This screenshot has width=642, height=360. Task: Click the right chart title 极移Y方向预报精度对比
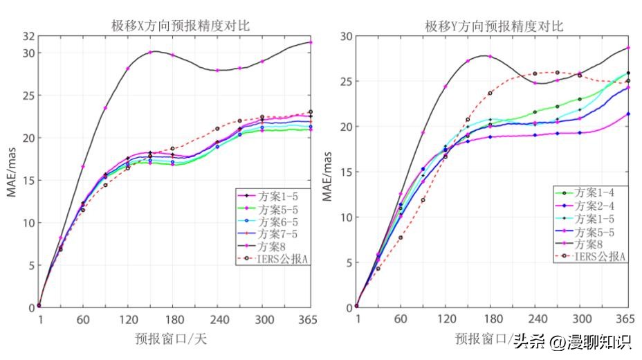[494, 26]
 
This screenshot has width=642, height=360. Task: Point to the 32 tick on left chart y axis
[28, 36]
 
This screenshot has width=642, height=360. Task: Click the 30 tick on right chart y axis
[345, 36]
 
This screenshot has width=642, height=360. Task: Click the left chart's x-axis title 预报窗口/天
[170, 339]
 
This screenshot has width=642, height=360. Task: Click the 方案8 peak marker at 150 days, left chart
[150, 53]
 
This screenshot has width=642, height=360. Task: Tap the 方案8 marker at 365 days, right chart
[628, 48]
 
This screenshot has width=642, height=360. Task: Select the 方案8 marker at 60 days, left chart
[83, 167]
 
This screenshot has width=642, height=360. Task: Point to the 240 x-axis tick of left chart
[217, 320]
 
